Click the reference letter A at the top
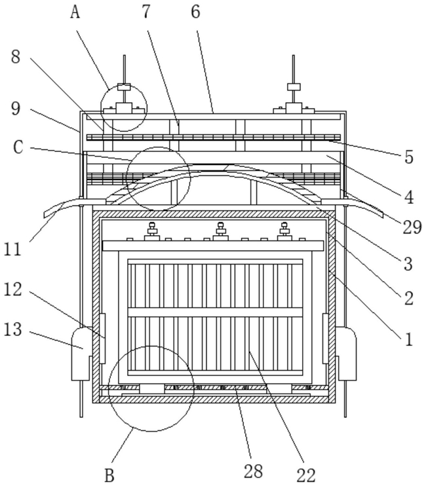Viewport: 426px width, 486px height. pos(75,12)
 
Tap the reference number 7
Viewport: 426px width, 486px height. pos(146,12)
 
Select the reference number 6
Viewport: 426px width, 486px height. pos(195,12)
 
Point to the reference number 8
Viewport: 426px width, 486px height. pos(16,57)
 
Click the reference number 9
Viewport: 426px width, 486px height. pos(16,109)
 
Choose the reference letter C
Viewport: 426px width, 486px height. pos(18,147)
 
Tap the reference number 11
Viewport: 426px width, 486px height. pos(12,249)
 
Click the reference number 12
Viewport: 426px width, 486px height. pos(12,290)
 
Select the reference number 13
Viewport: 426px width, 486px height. pos(12,329)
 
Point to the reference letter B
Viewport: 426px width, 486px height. pos(109,475)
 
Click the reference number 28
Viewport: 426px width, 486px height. pos(253,472)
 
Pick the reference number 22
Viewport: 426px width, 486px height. pos(306,475)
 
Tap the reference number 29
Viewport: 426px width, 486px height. pos(412,227)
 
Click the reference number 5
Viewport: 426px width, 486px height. pos(409,157)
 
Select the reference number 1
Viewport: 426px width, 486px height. pos(409,339)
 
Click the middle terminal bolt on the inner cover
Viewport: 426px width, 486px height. pos(220,231)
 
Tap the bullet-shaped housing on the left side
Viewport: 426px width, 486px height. pos(81,354)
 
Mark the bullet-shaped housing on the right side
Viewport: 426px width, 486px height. pos(346,354)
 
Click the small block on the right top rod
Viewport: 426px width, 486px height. pos(294,86)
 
